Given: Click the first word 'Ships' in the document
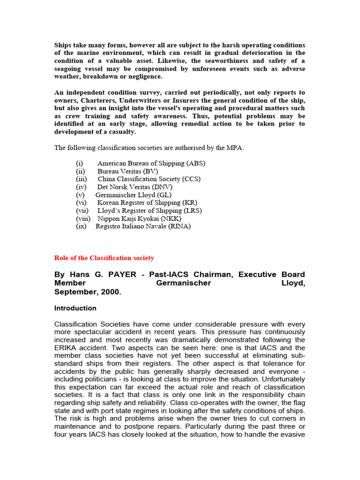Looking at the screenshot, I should pyautogui.click(x=63, y=45).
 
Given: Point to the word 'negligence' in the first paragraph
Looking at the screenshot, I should pyautogui.click(x=144, y=76).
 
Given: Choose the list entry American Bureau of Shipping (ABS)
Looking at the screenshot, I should pyautogui.click(x=151, y=164).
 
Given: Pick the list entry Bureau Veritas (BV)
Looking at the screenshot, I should pyautogui.click(x=127, y=172).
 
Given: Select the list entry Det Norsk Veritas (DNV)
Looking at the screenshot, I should pyautogui.click(x=135, y=187).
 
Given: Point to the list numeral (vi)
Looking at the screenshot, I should pyautogui.click(x=82, y=202).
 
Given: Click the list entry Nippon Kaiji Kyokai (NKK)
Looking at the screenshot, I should pyautogui.click(x=139, y=218).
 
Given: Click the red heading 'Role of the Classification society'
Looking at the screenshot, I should pyautogui.click(x=104, y=258).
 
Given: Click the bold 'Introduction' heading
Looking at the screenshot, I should pyautogui.click(x=75, y=308).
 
